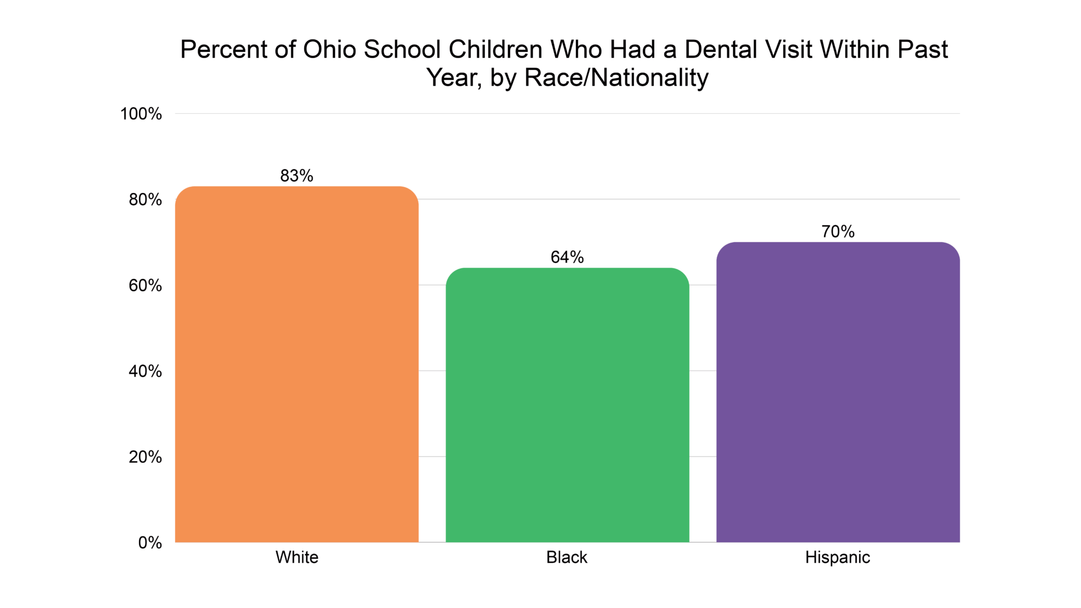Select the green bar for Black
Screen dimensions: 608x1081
567,405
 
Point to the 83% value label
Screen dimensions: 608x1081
297,176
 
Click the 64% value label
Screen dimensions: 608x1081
567,257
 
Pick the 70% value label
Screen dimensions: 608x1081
838,231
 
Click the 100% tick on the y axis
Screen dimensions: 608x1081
141,114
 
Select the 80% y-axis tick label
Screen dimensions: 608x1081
145,199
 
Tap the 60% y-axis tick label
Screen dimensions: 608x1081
145,285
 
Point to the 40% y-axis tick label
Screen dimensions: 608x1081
145,371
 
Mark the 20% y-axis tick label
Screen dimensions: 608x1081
145,457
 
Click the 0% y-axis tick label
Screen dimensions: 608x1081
150,543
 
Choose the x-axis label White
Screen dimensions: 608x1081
297,557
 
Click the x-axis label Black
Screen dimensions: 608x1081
566,557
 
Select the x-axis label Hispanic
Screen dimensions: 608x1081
837,557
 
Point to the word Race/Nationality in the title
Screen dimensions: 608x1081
616,78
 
